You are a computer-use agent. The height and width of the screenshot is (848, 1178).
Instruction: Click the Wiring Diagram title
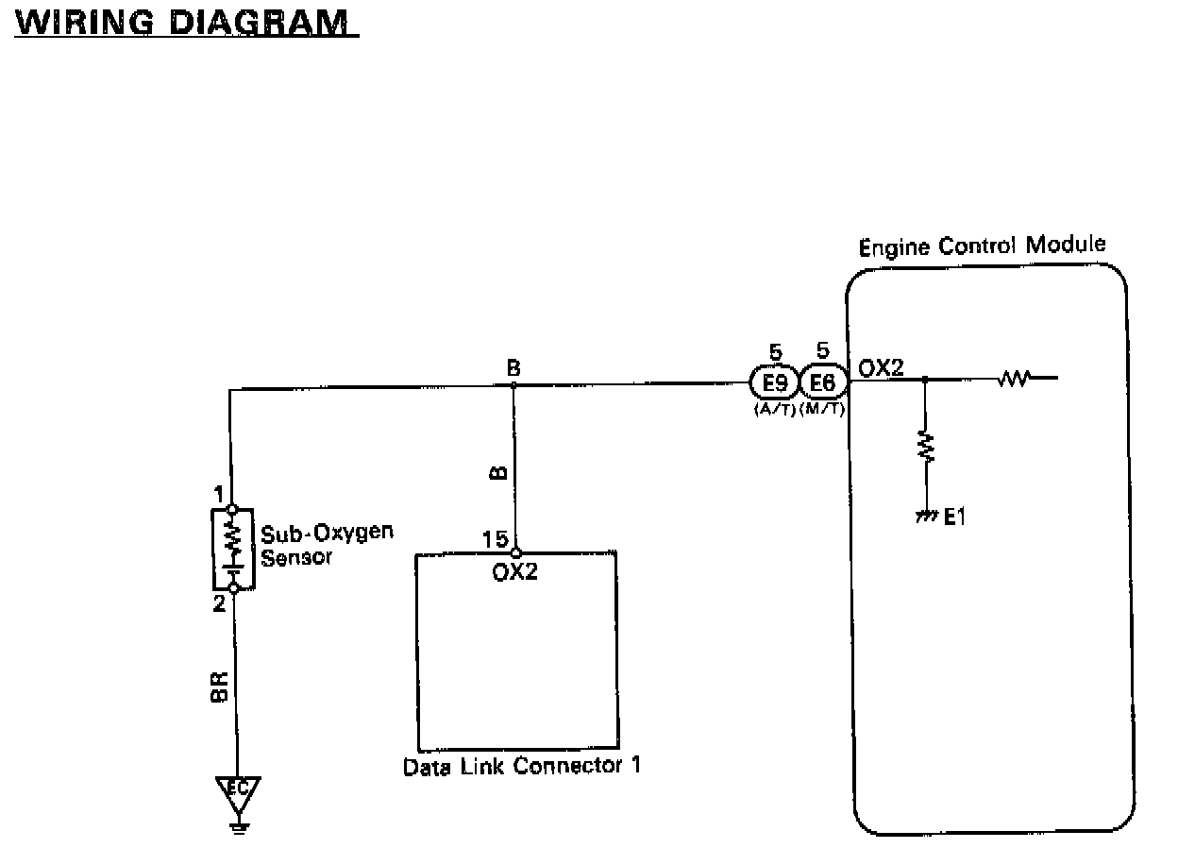185,23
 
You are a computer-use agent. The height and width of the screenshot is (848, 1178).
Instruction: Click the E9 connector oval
774,383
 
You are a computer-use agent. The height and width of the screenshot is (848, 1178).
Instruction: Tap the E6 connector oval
822,383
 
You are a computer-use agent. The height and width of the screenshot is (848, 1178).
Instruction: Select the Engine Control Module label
982,246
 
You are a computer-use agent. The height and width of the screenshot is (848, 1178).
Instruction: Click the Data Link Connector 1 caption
521,766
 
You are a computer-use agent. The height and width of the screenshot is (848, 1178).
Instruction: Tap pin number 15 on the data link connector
495,539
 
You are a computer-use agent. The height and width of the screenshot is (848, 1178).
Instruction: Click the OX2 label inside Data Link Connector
514,572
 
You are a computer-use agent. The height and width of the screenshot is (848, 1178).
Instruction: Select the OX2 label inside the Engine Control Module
881,367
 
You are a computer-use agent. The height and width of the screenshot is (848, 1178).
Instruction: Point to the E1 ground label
955,517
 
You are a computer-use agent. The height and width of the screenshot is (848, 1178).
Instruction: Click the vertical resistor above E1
927,447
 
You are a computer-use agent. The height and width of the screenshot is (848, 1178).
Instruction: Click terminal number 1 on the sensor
218,494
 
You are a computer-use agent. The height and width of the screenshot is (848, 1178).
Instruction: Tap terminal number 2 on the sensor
218,603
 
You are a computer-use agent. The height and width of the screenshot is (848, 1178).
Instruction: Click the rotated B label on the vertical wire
501,471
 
